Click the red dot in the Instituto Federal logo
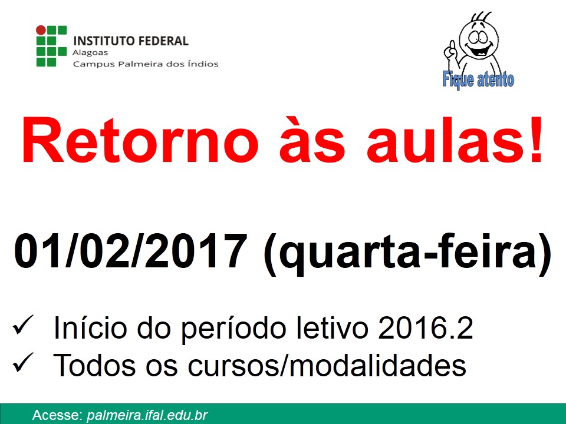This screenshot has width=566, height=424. [x=41, y=30]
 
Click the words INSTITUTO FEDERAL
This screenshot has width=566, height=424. [x=131, y=41]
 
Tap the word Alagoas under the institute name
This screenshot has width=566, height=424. [x=90, y=52]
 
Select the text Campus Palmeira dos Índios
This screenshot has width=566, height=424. [x=146, y=64]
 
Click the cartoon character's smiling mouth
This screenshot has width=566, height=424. [x=478, y=49]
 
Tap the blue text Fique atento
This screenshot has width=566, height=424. [x=478, y=79]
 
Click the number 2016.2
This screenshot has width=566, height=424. [x=426, y=327]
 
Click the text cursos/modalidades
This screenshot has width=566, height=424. [x=327, y=365]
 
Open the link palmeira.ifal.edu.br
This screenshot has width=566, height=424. [x=147, y=415]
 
